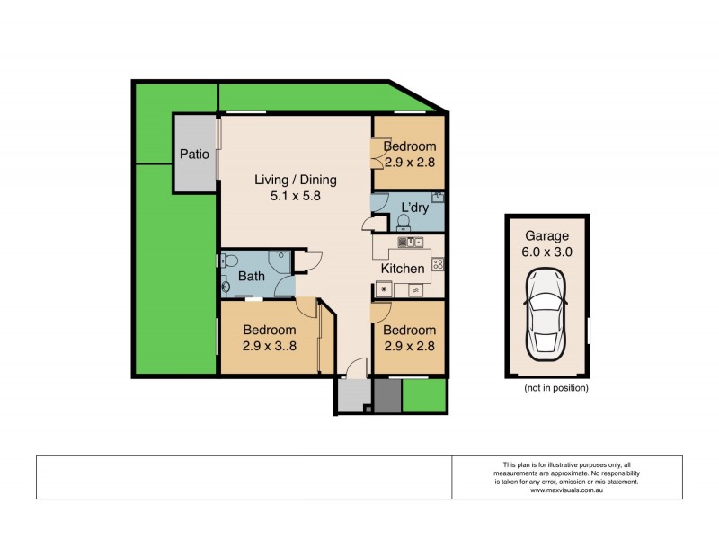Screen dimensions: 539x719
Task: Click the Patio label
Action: point(194,154)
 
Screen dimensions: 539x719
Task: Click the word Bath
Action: point(251,276)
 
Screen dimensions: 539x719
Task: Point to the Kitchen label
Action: point(403,269)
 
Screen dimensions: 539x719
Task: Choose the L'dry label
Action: point(414,207)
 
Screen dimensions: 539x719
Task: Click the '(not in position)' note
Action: point(555,388)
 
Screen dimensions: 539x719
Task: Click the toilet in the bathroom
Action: point(229,261)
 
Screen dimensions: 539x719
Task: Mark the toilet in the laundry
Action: point(404,220)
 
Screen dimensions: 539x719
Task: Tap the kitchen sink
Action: point(409,241)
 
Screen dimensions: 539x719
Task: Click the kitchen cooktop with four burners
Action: point(437,263)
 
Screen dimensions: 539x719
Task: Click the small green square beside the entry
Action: point(424,394)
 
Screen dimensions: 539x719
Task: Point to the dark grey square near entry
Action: point(387,395)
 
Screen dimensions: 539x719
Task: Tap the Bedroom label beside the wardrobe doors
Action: point(410,146)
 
